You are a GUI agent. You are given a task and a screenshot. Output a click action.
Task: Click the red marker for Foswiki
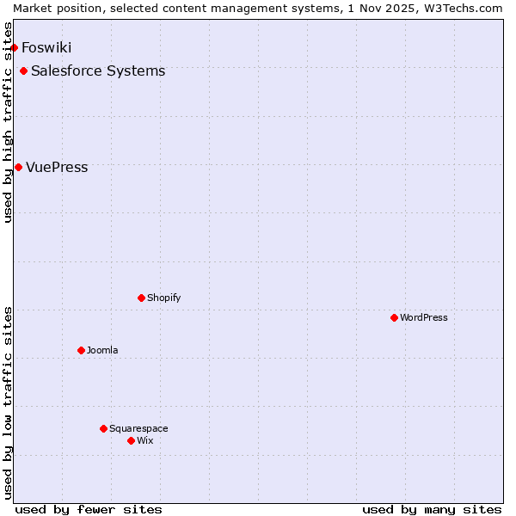coord(15,47)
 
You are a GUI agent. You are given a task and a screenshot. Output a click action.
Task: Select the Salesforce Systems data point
coord(23,71)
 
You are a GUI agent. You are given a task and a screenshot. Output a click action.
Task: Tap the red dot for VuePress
coord(18,167)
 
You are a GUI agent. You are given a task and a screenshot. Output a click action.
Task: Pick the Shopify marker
coord(141,298)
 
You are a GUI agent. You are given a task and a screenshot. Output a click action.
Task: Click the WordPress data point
coord(394,317)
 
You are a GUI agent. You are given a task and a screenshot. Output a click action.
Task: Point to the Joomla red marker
coord(81,350)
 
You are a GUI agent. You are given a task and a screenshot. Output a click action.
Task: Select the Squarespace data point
coord(103,428)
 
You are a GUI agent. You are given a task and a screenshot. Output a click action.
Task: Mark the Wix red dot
coord(131,440)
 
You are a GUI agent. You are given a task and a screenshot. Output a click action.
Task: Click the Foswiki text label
coord(46,47)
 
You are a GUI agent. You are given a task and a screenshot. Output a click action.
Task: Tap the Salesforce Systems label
coord(98,71)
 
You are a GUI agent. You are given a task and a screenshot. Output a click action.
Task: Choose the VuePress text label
coord(57,167)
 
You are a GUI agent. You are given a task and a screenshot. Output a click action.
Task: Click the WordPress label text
coord(424,317)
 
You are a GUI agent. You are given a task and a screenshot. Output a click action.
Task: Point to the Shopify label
coord(164,298)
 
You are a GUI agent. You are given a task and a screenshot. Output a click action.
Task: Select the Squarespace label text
coord(138,428)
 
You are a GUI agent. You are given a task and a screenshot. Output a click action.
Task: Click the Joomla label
coord(102,350)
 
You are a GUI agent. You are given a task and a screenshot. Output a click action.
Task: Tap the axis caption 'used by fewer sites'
coord(89,509)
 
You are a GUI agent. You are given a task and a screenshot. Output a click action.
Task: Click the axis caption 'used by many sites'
coord(432,509)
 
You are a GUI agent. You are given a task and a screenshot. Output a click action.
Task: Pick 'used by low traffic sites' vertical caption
coord(8,402)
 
